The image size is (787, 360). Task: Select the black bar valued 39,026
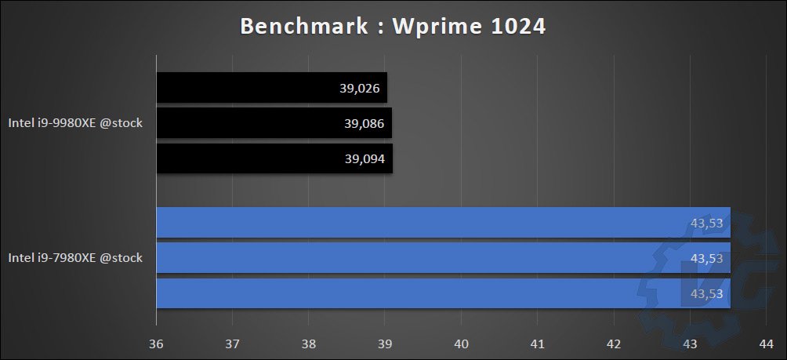tap(271, 88)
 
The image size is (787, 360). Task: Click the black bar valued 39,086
tap(274, 123)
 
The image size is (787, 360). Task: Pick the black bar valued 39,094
tap(274, 158)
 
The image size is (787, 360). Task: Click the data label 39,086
tap(363, 123)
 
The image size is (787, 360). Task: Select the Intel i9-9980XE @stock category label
tap(75, 123)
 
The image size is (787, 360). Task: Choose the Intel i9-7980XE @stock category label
tap(75, 257)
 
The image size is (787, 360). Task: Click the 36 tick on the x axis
tap(156, 343)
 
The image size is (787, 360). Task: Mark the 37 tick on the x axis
tap(232, 343)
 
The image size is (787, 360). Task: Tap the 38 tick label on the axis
tap(308, 343)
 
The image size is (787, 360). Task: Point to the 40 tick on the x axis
tap(461, 343)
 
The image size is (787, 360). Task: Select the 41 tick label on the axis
tap(537, 343)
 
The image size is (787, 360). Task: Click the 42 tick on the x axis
tap(614, 343)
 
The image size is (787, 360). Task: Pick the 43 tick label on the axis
tap(690, 343)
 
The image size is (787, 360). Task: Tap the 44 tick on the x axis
tap(766, 343)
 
